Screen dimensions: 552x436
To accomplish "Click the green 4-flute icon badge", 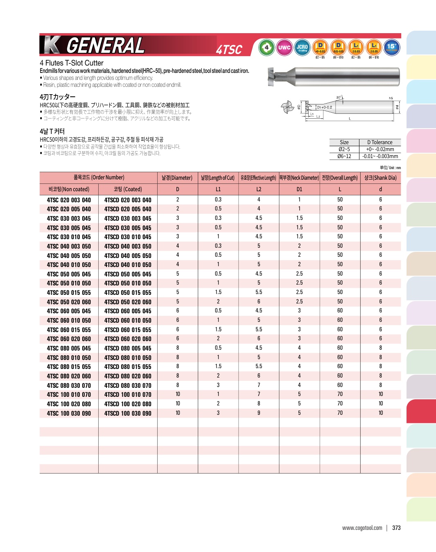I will point(267,48).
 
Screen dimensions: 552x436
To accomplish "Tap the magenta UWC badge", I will point(284,48).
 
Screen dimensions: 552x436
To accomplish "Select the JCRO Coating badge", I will point(302,48).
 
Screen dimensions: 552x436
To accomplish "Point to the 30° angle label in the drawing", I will point(339,97).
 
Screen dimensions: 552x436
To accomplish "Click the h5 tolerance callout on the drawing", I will point(391,98).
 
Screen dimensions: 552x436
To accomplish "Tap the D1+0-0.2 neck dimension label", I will point(324,107).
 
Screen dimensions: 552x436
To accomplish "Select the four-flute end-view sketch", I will point(287,108).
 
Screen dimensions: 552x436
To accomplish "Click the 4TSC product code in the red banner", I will point(229,50).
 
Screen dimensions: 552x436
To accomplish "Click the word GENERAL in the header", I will point(105,45).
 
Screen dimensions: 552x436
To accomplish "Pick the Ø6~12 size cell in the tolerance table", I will point(344,156).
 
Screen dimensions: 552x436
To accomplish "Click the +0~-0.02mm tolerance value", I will point(380,149).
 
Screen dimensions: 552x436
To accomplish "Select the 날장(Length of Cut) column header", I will point(218,178).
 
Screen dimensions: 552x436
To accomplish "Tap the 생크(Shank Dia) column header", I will point(380,178).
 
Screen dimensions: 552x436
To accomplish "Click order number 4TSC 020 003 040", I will point(69,200).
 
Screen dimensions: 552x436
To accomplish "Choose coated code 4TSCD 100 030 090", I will point(128,414).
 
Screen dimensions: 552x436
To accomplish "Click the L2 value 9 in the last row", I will point(259,413).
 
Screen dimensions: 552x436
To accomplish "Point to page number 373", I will point(396,528).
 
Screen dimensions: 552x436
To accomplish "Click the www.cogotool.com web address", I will point(362,528).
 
